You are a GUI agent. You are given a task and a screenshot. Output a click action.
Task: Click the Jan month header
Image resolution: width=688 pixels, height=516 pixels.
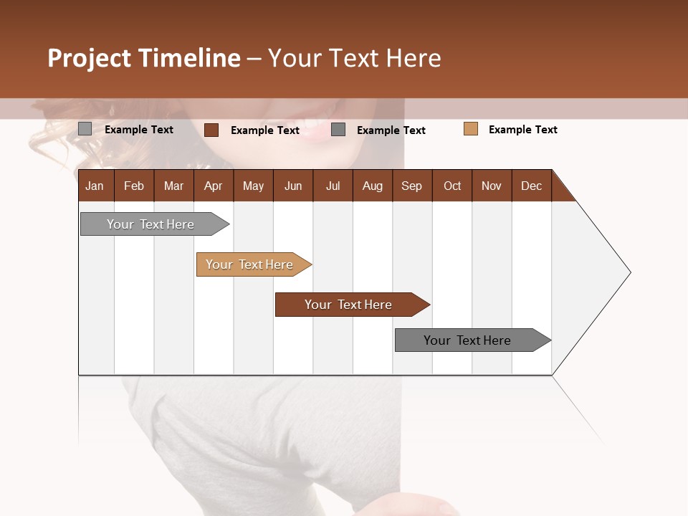point(95,186)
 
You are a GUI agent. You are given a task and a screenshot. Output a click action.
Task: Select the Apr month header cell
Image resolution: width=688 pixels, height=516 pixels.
point(214,186)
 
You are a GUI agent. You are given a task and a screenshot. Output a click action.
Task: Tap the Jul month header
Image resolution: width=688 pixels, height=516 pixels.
point(333,186)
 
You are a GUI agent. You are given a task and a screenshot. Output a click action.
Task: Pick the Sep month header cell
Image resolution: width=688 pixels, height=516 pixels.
point(411,186)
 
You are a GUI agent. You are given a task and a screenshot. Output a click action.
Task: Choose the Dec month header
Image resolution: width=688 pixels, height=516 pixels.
point(531,186)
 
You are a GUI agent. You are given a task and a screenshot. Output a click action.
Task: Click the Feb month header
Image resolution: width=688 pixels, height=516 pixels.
point(134,186)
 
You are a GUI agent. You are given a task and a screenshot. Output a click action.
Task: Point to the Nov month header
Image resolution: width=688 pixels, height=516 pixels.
point(492,186)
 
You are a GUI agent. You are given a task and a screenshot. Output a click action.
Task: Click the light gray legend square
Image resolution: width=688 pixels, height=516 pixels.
point(85,129)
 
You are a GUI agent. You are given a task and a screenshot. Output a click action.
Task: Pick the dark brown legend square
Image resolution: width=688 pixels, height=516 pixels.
point(211,130)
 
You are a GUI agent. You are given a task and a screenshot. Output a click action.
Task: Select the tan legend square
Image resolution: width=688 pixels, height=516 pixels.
point(470,129)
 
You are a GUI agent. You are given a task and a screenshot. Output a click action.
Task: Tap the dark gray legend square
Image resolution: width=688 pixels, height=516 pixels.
point(338,130)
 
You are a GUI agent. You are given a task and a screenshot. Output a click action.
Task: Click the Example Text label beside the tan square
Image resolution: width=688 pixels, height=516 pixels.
point(522,130)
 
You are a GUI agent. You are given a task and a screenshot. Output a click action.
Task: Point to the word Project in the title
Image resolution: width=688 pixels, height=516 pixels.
point(90,58)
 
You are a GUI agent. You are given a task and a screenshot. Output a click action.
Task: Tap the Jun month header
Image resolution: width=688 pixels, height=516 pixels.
point(293,186)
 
